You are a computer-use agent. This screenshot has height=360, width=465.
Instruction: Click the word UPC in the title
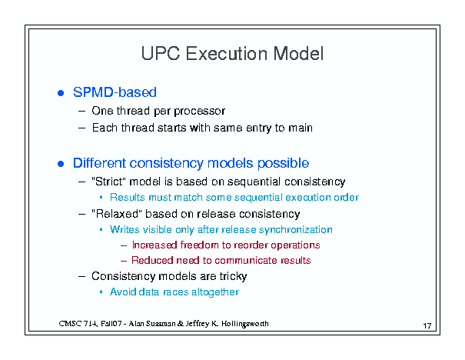pos(161,54)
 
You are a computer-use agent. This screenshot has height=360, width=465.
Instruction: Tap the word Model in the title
pos(298,54)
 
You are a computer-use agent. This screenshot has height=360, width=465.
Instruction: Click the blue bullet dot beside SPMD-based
pos(61,93)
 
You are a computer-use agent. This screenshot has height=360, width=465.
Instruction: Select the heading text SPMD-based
pos(115,92)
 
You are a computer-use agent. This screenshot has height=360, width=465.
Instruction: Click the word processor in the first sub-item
pos(199,112)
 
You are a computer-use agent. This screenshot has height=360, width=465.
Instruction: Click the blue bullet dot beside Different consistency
pos(61,164)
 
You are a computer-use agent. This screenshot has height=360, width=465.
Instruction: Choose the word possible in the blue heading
pos(283,164)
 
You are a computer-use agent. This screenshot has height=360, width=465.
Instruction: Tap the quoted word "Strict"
pos(109,181)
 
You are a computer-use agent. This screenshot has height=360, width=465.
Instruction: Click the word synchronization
pos(295,230)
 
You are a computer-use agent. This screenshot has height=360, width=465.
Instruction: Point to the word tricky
pos(233,276)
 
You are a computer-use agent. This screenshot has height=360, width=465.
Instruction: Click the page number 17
pos(427,326)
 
